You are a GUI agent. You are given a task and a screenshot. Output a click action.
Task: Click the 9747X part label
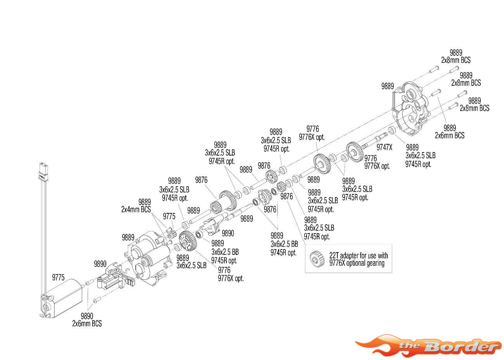click(384, 147)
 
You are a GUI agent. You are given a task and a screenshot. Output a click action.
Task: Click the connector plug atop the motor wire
click(43, 172)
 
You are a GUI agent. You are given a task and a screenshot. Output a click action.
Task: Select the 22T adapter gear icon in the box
click(317, 259)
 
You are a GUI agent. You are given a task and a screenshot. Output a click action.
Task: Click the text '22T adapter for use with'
click(359, 256)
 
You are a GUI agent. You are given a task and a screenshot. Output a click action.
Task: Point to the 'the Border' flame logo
click(428, 346)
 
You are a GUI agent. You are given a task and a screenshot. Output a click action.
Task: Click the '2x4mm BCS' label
click(136, 209)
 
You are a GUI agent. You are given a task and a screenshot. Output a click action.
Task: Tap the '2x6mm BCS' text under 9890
click(87, 324)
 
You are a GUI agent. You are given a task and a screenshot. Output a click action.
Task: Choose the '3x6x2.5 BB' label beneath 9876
click(284, 244)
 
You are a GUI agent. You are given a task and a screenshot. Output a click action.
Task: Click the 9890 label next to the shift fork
click(228, 233)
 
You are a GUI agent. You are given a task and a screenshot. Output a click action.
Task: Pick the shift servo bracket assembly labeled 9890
click(116, 277)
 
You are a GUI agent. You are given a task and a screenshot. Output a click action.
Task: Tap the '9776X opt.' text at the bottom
click(231, 279)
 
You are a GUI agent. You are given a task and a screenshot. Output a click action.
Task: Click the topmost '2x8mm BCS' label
click(456, 60)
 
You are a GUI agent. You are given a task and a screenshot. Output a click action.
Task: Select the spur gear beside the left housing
click(188, 241)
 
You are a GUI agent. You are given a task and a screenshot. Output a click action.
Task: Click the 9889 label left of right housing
click(387, 86)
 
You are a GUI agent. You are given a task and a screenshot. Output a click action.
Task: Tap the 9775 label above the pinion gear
click(169, 216)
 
